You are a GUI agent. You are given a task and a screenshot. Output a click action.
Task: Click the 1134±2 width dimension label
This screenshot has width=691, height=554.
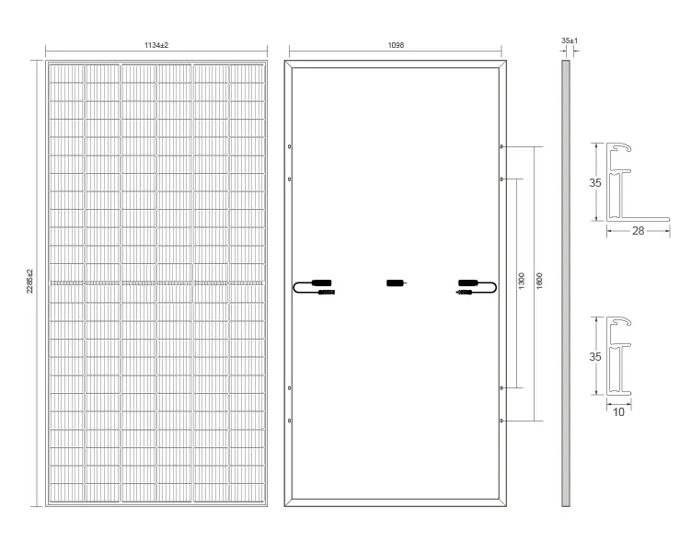click(x=156, y=45)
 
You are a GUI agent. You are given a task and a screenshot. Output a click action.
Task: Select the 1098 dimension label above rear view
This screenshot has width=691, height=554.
click(x=396, y=45)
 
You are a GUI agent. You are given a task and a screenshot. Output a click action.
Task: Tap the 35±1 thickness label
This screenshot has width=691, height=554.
click(x=570, y=40)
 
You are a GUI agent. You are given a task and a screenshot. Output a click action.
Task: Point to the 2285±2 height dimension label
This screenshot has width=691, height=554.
click(x=30, y=282)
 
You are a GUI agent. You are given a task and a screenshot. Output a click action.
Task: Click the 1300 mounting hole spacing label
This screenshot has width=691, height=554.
click(x=522, y=282)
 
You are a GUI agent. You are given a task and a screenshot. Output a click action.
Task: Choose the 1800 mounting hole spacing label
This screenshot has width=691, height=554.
click(x=539, y=282)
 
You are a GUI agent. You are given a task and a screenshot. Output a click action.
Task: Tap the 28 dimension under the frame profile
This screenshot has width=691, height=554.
click(x=638, y=230)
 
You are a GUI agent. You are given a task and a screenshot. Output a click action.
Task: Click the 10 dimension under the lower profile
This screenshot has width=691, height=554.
click(x=618, y=411)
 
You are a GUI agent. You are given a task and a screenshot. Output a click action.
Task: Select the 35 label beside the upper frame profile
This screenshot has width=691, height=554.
click(x=595, y=182)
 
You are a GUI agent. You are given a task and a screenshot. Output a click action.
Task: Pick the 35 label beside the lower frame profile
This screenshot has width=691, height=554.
click(x=595, y=356)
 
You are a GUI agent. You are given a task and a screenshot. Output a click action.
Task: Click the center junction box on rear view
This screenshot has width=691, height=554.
click(x=397, y=283)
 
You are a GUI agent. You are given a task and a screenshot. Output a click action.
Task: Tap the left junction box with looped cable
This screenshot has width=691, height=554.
click(x=314, y=287)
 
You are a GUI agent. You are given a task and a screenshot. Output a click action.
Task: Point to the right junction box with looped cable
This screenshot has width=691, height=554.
click(x=477, y=287)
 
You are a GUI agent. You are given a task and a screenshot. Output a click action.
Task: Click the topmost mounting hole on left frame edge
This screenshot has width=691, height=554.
click(x=289, y=146)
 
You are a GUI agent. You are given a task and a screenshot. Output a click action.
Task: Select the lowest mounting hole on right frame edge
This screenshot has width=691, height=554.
click(x=501, y=421)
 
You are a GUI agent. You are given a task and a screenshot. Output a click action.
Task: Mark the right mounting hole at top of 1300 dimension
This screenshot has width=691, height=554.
click(x=501, y=179)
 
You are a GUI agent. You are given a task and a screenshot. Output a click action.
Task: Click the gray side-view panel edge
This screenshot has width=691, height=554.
click(x=565, y=283)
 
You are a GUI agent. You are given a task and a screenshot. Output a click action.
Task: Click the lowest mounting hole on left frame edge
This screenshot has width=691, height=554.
click(x=289, y=421)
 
